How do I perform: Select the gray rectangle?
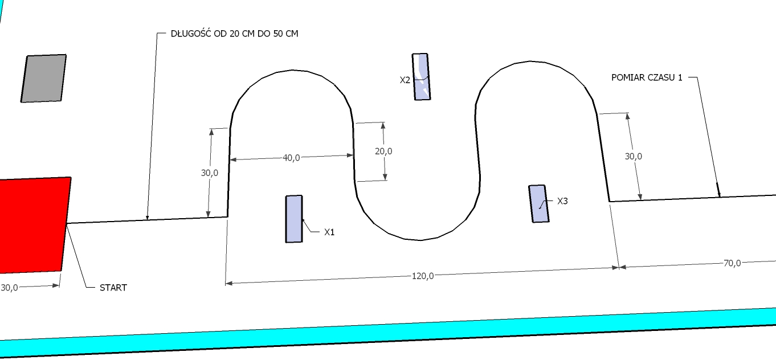coord(44,78)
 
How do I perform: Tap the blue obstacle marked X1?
coord(294,219)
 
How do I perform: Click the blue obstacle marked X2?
coord(421,76)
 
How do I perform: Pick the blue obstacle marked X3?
coord(538,204)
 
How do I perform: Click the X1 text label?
coord(329,232)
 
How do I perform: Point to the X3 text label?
coord(562,201)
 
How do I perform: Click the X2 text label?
coord(405,80)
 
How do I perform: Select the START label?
coord(113,288)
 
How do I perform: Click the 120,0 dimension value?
coord(423,276)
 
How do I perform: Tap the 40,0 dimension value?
coord(291,158)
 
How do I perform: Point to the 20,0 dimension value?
coord(383,152)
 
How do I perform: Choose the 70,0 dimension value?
coord(732,263)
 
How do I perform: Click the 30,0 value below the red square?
coord(9,288)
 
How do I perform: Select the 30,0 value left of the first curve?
coord(210,173)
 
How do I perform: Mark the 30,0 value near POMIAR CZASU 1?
coord(633,157)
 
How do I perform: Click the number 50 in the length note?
coord(279,34)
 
